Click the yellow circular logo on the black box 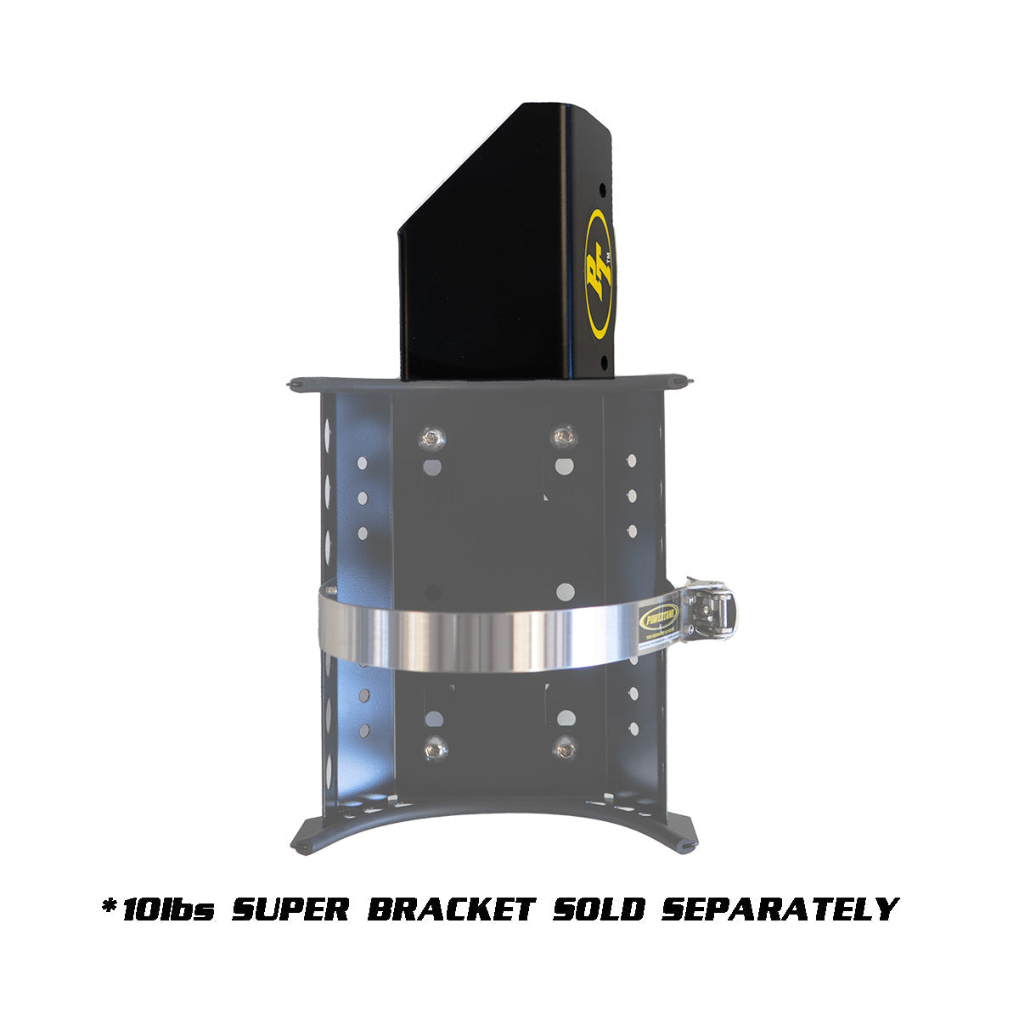(600, 273)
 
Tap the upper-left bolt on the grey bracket (432, 437)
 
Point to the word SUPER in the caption (290, 909)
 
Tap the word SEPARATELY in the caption (779, 909)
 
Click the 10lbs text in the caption (168, 909)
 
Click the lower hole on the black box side (604, 362)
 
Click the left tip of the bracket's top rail (293, 384)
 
